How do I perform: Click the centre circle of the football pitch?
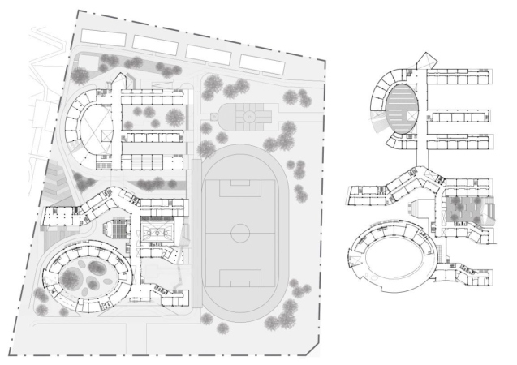(240, 233)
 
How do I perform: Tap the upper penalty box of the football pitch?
(240, 184)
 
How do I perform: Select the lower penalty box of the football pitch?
(240, 282)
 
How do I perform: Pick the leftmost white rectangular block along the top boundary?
(105, 36)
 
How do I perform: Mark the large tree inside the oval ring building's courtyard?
(71, 280)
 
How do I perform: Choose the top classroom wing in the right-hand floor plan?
(459, 77)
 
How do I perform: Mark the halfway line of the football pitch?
(240, 234)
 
